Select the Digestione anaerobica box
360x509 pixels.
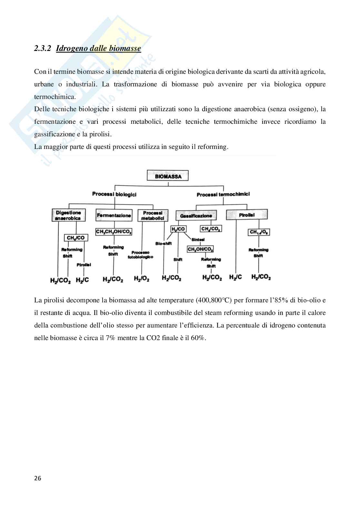[x=68, y=215]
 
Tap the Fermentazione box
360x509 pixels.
[x=114, y=215]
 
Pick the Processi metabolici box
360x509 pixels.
[x=153, y=216]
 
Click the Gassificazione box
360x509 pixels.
[x=196, y=216]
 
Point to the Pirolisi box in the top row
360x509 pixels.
[x=247, y=215]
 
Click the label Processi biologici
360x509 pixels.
[x=114, y=194]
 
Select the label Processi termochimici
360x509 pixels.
[x=223, y=194]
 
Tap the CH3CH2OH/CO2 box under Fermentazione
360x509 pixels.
[x=114, y=231]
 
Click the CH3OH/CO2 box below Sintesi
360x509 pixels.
[x=200, y=249]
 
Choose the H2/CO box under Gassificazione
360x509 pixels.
[x=178, y=229]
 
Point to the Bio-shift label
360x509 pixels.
[x=163, y=243]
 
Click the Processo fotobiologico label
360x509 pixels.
[x=142, y=254]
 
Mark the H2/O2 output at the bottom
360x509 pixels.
[x=141, y=279]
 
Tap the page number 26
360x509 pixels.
[x=38, y=478]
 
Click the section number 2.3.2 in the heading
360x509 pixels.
[x=43, y=49]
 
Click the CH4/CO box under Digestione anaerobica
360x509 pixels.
[x=75, y=238]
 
